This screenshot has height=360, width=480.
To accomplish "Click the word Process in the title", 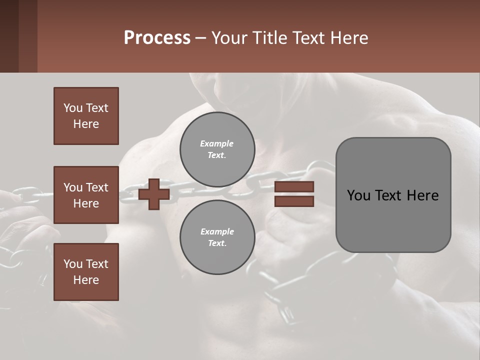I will coord(157,38).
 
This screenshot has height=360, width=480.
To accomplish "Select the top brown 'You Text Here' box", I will coord(86,116).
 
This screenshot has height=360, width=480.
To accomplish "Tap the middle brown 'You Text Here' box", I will coord(86,195).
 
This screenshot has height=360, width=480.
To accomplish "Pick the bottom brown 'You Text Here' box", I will coord(86,272).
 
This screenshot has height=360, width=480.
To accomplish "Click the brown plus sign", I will coord(154,194).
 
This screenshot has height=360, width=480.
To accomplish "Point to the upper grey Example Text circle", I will coord(217,149).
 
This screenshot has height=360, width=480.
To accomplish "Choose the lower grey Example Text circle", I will coord(217,237).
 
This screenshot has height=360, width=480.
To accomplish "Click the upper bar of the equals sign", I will coord(294,187).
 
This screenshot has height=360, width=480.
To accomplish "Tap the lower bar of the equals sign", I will coord(294,201).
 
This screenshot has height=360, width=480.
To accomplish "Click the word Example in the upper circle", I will coord(217,144).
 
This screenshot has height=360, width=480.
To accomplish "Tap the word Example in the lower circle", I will coord(217,232).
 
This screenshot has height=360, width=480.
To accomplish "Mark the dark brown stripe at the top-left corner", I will coord(9,36).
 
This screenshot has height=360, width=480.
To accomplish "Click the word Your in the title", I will coord(229,38).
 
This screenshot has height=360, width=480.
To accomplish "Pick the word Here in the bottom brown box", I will coord(86,280).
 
